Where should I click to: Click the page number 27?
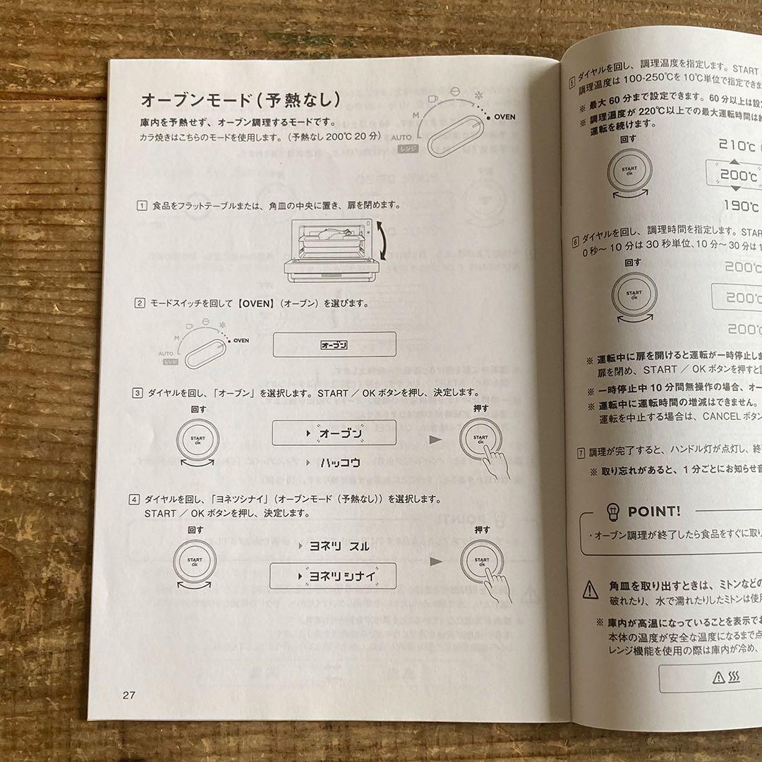(x=128, y=694)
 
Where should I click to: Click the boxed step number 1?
(x=142, y=205)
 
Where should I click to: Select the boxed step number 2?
(x=140, y=303)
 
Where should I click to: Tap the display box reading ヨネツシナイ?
(x=333, y=576)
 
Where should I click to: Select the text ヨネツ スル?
(x=339, y=545)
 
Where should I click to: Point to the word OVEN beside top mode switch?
(x=504, y=116)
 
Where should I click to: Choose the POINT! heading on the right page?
(x=654, y=511)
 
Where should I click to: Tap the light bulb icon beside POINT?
(x=612, y=511)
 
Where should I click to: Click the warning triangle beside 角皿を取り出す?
(x=591, y=590)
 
